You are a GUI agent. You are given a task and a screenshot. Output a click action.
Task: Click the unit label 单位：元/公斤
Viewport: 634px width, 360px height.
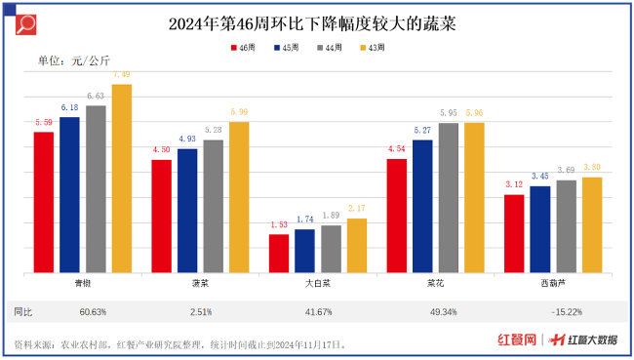(73, 63)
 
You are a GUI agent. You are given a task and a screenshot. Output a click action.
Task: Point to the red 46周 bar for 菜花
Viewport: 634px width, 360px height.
(396, 216)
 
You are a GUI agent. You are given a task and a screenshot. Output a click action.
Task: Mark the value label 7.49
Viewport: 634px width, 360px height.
(121, 75)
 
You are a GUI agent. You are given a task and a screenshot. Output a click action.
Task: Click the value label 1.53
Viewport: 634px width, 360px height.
(279, 225)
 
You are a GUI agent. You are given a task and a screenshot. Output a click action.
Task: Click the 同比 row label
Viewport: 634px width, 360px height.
(23, 311)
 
